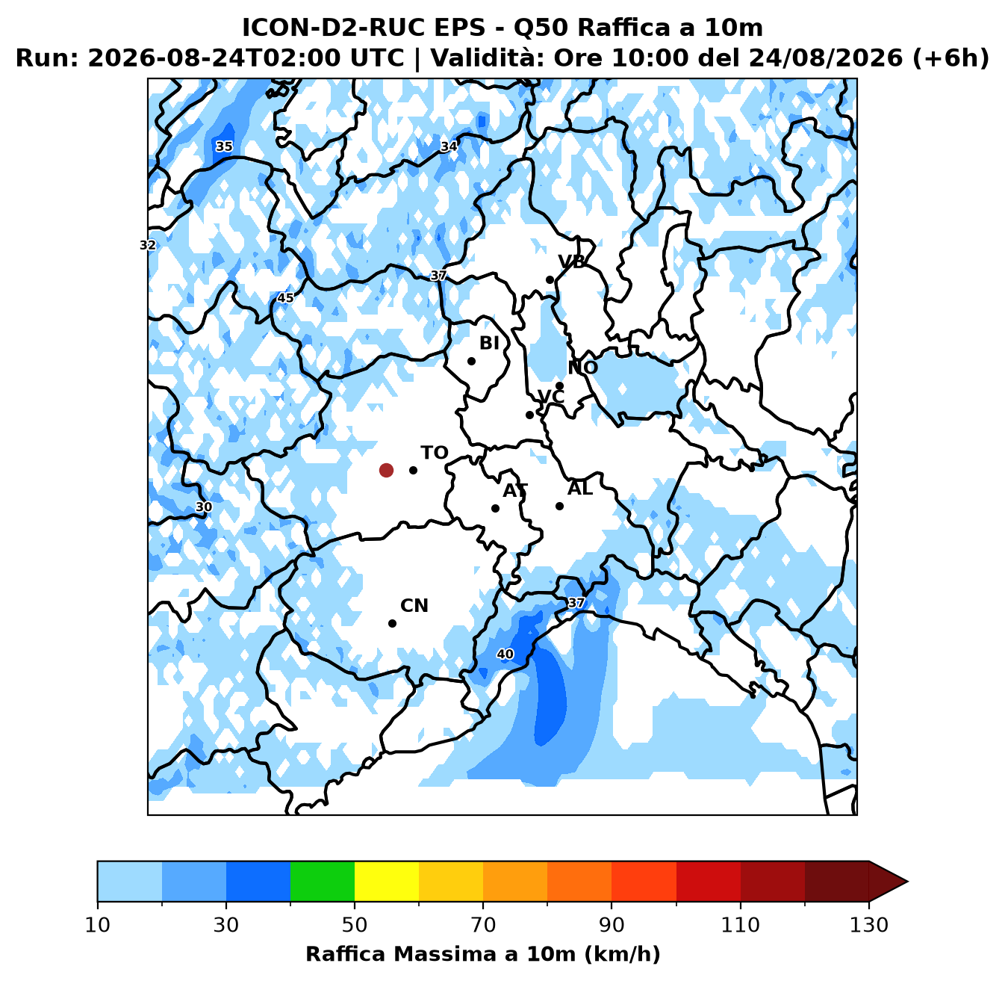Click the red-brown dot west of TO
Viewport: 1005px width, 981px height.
coord(386,470)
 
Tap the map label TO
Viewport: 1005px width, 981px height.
coord(435,453)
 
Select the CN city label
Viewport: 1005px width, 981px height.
coord(414,605)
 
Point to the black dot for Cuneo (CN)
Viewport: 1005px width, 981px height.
coord(392,623)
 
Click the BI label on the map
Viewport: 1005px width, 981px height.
coord(489,343)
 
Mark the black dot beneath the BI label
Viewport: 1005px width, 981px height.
coord(471,361)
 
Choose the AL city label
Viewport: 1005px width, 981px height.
coord(580,489)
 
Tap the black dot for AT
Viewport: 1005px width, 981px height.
coord(495,508)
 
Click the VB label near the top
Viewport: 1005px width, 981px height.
coord(571,262)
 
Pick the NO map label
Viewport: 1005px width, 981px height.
coord(582,368)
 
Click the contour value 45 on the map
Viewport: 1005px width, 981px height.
coord(285,297)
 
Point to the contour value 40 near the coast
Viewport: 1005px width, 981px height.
coord(505,654)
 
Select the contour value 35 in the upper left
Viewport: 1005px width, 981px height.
coord(223,146)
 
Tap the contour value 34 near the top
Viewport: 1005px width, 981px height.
coord(448,146)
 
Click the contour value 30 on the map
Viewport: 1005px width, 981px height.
coord(204,507)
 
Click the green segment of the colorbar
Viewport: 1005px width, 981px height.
coord(323,881)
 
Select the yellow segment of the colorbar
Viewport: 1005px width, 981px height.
coord(387,881)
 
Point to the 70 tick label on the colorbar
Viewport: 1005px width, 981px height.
coord(483,925)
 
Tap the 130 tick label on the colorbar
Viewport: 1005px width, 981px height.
coord(868,925)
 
